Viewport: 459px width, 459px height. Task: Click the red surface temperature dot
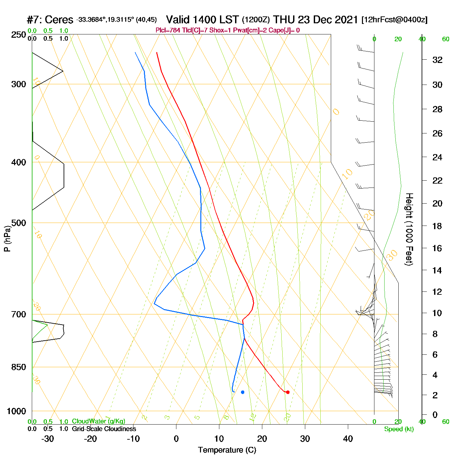(x=288, y=392)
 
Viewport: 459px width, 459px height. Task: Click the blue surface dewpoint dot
(x=243, y=392)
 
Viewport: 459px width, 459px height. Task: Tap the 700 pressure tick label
(x=19, y=314)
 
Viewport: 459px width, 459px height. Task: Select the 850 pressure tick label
(x=19, y=367)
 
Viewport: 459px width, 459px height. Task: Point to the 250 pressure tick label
(x=19, y=35)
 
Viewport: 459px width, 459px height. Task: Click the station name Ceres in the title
(x=59, y=20)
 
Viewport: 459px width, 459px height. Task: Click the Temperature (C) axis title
(x=227, y=450)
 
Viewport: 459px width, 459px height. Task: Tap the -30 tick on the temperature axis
(x=48, y=439)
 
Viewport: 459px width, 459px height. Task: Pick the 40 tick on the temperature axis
(x=348, y=439)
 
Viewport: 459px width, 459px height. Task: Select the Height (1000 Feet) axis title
(x=409, y=229)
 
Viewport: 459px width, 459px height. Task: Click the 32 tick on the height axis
(x=437, y=60)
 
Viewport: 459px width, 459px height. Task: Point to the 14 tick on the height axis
(x=437, y=270)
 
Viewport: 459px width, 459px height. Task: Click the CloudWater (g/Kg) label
(x=98, y=421)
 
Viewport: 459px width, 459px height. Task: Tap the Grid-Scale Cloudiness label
(x=104, y=429)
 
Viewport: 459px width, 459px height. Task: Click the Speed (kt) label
(x=399, y=429)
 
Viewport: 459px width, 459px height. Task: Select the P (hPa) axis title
(x=7, y=239)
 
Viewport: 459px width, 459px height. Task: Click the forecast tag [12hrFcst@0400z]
(x=394, y=20)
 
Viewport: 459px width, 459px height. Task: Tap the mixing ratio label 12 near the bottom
(x=252, y=417)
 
